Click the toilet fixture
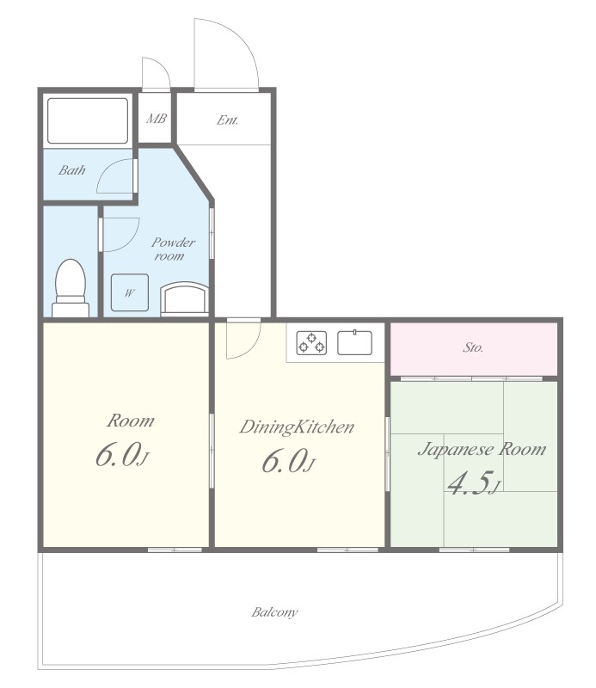(x=71, y=288)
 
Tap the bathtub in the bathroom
(x=88, y=120)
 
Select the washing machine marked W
(x=130, y=292)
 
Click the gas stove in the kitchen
(x=311, y=342)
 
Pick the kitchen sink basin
(x=354, y=342)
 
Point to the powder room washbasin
(x=184, y=298)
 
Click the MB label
(x=157, y=119)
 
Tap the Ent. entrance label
(x=227, y=120)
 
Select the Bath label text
(x=72, y=170)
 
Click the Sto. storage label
(x=473, y=348)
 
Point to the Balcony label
(x=274, y=612)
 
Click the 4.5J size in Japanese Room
(x=474, y=482)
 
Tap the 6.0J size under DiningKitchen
(x=288, y=461)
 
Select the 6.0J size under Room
(x=122, y=455)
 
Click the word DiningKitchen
(x=297, y=427)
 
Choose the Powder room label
(x=173, y=249)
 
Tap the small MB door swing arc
(x=162, y=66)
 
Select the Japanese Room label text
(x=482, y=449)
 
